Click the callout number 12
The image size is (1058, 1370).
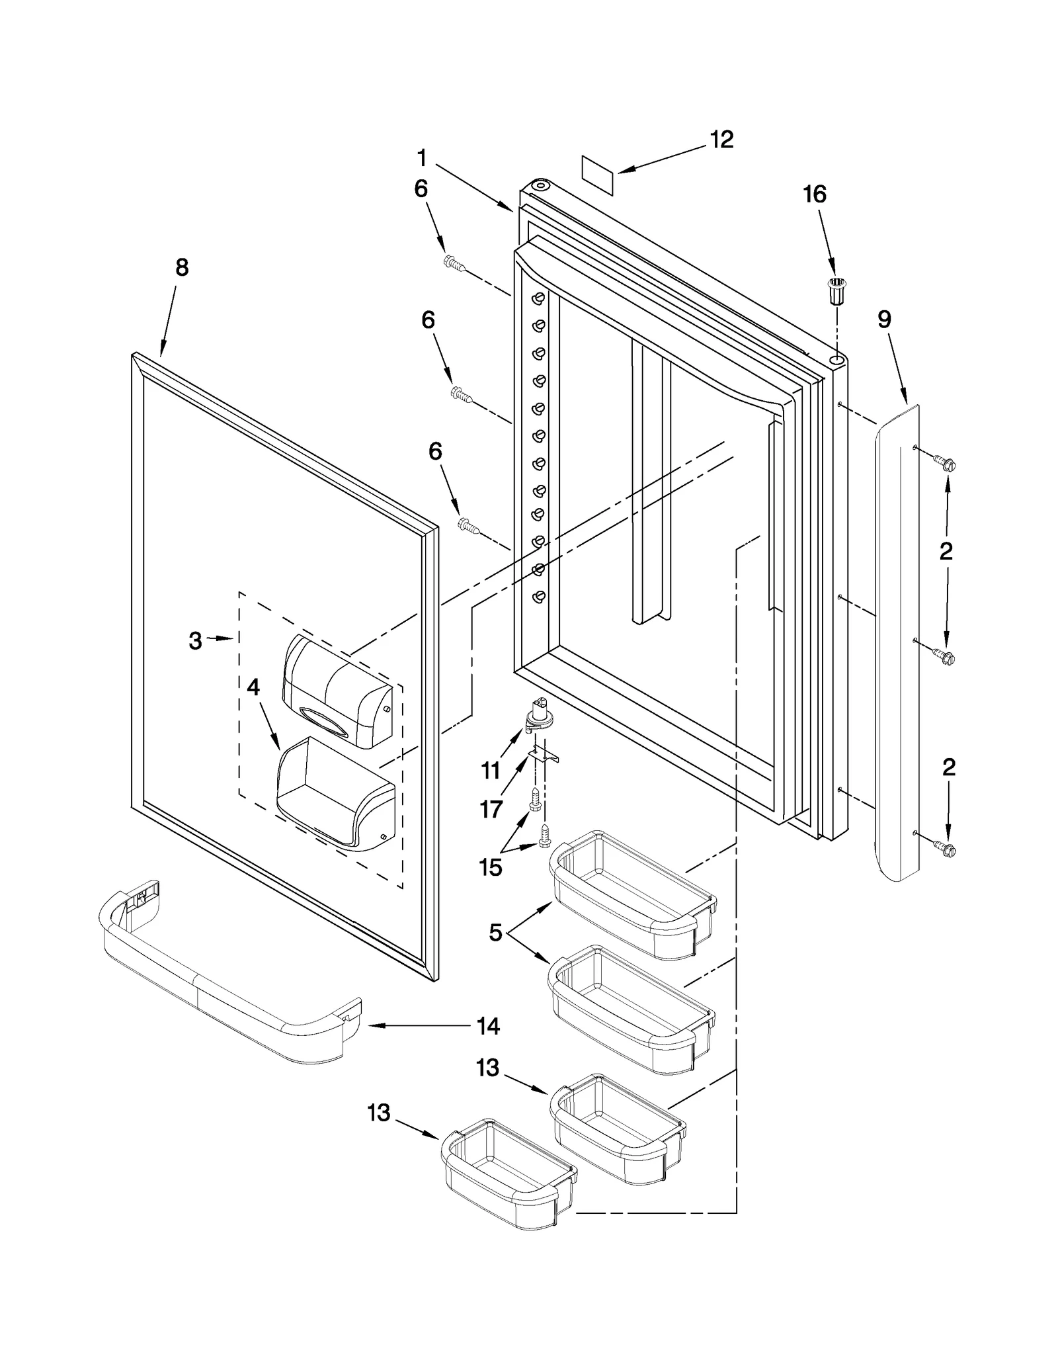[x=721, y=140]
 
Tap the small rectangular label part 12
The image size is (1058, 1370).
[x=598, y=175]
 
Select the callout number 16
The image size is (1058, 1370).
[x=815, y=194]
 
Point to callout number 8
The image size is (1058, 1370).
[x=182, y=268]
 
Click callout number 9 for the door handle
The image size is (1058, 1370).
[x=884, y=320]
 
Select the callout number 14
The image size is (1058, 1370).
[x=488, y=1027]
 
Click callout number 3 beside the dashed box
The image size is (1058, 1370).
[x=195, y=640]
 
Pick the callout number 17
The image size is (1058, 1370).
[x=491, y=809]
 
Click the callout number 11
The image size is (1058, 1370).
[x=490, y=771]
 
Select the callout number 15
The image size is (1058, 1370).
[x=491, y=867]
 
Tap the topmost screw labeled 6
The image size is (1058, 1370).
[x=454, y=263]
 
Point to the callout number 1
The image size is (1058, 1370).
[x=421, y=158]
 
